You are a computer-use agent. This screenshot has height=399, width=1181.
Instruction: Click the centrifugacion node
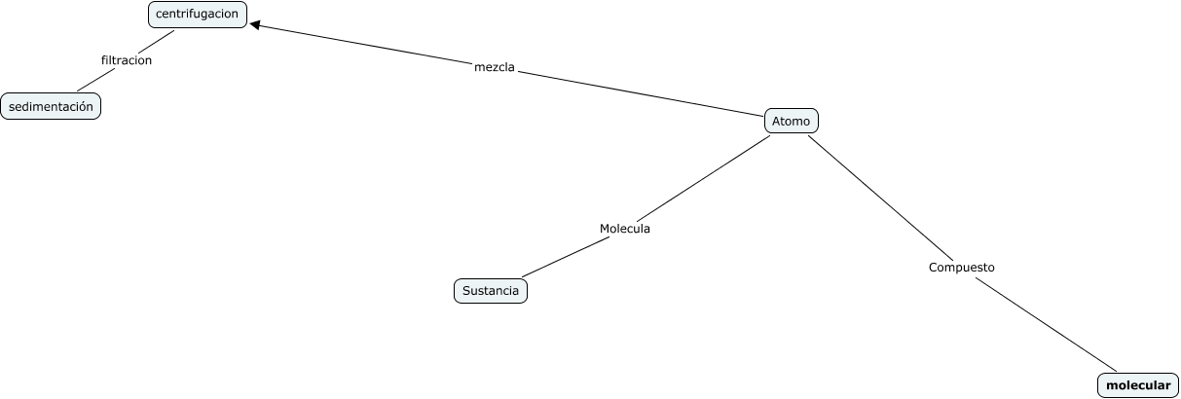[198, 15]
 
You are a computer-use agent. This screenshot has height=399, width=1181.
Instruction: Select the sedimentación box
[51, 106]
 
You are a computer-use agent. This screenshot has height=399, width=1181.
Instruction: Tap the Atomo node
[791, 121]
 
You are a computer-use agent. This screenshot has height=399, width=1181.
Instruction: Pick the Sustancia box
[490, 291]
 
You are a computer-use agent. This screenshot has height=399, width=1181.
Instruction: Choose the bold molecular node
[1138, 386]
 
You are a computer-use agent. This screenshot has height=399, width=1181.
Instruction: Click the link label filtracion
[127, 60]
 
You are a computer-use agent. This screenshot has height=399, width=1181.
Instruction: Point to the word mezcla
[494, 68]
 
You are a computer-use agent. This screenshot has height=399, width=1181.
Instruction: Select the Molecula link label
[624, 229]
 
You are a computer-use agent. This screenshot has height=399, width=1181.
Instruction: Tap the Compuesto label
[961, 267]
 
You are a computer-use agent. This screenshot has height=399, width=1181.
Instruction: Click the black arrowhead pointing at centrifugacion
[256, 26]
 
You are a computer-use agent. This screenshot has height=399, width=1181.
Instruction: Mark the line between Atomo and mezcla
[643, 93]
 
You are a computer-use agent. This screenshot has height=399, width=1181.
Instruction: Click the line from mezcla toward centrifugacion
[370, 46]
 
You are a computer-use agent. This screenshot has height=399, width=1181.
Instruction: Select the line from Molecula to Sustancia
[563, 260]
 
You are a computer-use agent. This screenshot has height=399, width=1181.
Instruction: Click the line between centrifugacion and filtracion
[156, 42]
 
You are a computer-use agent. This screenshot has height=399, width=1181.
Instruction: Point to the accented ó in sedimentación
[85, 106]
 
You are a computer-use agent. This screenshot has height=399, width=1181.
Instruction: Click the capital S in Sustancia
[466, 291]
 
